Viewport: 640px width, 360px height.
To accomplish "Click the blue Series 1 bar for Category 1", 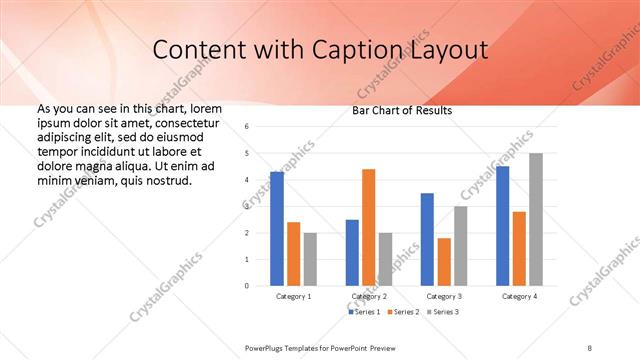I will [277, 229].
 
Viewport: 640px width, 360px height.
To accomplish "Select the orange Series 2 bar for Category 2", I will [368, 227].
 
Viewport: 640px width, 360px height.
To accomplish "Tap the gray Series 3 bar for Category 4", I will [536, 219].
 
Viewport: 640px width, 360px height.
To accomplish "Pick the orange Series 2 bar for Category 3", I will [444, 262].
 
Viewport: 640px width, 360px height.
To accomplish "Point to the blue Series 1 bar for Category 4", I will [502, 226].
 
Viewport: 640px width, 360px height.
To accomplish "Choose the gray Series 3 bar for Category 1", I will [310, 259].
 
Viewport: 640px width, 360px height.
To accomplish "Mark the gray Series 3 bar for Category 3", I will [460, 246].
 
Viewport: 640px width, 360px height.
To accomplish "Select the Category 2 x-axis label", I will [369, 297].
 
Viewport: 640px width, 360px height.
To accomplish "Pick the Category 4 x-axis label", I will [518, 297].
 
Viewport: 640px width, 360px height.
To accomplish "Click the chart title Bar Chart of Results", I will [402, 110].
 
